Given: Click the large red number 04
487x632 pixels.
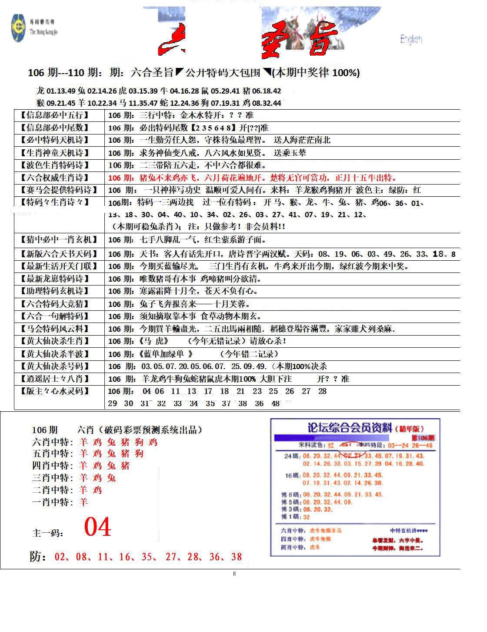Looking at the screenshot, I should point(98,527).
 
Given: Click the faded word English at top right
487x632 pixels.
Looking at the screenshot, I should point(411,40).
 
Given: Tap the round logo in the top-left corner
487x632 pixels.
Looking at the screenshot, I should point(18,28).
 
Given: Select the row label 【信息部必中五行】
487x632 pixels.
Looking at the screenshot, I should point(54,115).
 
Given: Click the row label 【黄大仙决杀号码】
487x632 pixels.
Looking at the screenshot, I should point(54,366).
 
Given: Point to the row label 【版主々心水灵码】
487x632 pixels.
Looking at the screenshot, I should point(54,391).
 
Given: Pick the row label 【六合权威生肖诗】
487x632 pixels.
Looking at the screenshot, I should point(54,178).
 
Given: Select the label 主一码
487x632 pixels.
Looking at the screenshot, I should point(48,533).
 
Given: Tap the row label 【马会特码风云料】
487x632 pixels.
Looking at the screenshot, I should point(54,329).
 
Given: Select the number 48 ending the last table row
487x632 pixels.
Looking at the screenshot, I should point(276,403).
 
